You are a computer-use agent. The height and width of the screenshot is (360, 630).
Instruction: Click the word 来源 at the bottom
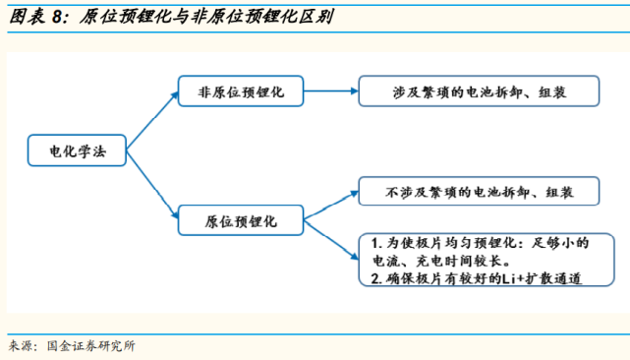pos(22,345)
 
